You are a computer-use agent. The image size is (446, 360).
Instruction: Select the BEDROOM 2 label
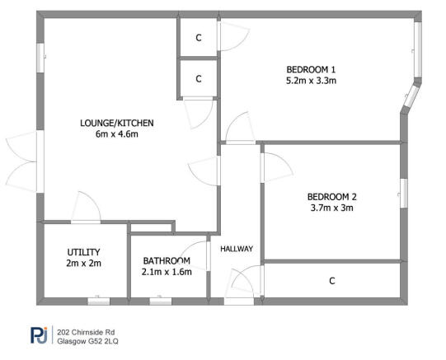coord(331,197)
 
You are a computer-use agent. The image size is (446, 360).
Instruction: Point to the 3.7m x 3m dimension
coord(331,209)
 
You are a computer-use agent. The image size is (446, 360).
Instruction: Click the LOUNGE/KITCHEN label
coord(116,124)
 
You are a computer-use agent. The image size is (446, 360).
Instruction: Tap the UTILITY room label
coord(83,252)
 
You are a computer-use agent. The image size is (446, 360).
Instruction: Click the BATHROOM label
coord(167,259)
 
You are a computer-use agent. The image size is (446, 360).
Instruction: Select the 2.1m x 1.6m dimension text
coord(167,271)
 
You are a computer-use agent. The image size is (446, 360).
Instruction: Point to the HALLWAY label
coord(236,249)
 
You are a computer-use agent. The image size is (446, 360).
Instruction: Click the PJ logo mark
coord(39,334)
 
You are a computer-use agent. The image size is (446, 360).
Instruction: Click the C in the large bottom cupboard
coord(332,282)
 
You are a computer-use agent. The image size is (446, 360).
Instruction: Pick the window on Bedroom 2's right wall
coord(404,189)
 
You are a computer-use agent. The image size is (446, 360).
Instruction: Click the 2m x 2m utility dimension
coord(83,264)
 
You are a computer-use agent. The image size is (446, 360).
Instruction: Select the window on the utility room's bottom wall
coord(97,302)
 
